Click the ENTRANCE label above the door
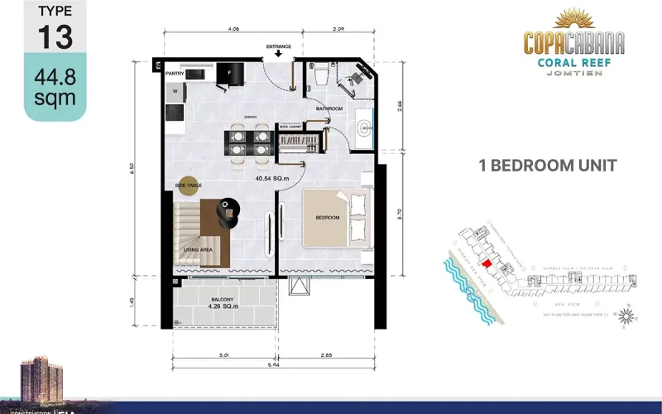pos(278,46)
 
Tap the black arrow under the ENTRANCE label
pos(278,55)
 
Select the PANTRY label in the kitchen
pos(174,74)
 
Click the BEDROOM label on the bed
pos(327,218)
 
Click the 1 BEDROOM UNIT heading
pos(548,165)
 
